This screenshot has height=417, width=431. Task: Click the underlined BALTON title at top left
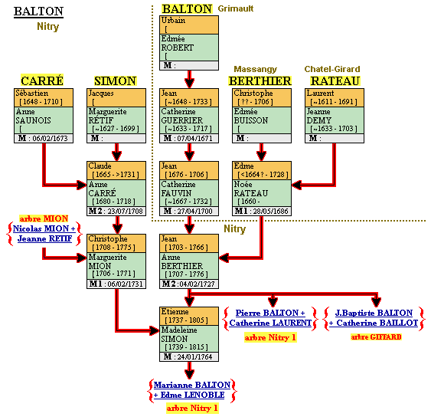coord(38,11)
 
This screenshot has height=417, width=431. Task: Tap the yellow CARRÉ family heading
coord(42,80)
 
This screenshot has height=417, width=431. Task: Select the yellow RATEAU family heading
coord(335,81)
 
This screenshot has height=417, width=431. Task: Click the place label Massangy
coord(256,69)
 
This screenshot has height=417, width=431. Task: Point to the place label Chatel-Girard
coord(332,69)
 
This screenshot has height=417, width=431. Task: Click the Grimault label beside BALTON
coord(236,8)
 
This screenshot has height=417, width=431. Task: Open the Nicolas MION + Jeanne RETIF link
coord(44,233)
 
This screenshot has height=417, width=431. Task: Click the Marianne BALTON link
coord(192,385)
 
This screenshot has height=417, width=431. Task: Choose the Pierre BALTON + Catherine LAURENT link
coord(270,318)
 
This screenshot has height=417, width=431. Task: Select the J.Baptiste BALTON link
coord(374,313)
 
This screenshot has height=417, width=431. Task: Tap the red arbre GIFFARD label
coord(376,337)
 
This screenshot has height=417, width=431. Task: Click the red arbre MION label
coord(44,218)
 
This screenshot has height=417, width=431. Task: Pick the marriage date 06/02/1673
coord(50,138)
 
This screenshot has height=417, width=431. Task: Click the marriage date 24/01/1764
coord(194,356)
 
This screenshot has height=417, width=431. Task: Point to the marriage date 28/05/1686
coord(270,211)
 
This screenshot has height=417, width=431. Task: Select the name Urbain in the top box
coord(173,21)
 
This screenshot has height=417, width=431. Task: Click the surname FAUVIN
coord(176,193)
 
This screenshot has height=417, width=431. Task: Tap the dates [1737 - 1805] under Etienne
coord(186,320)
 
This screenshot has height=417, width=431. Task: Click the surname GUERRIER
coord(181,120)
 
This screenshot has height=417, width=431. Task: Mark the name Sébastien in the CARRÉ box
coord(32,93)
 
